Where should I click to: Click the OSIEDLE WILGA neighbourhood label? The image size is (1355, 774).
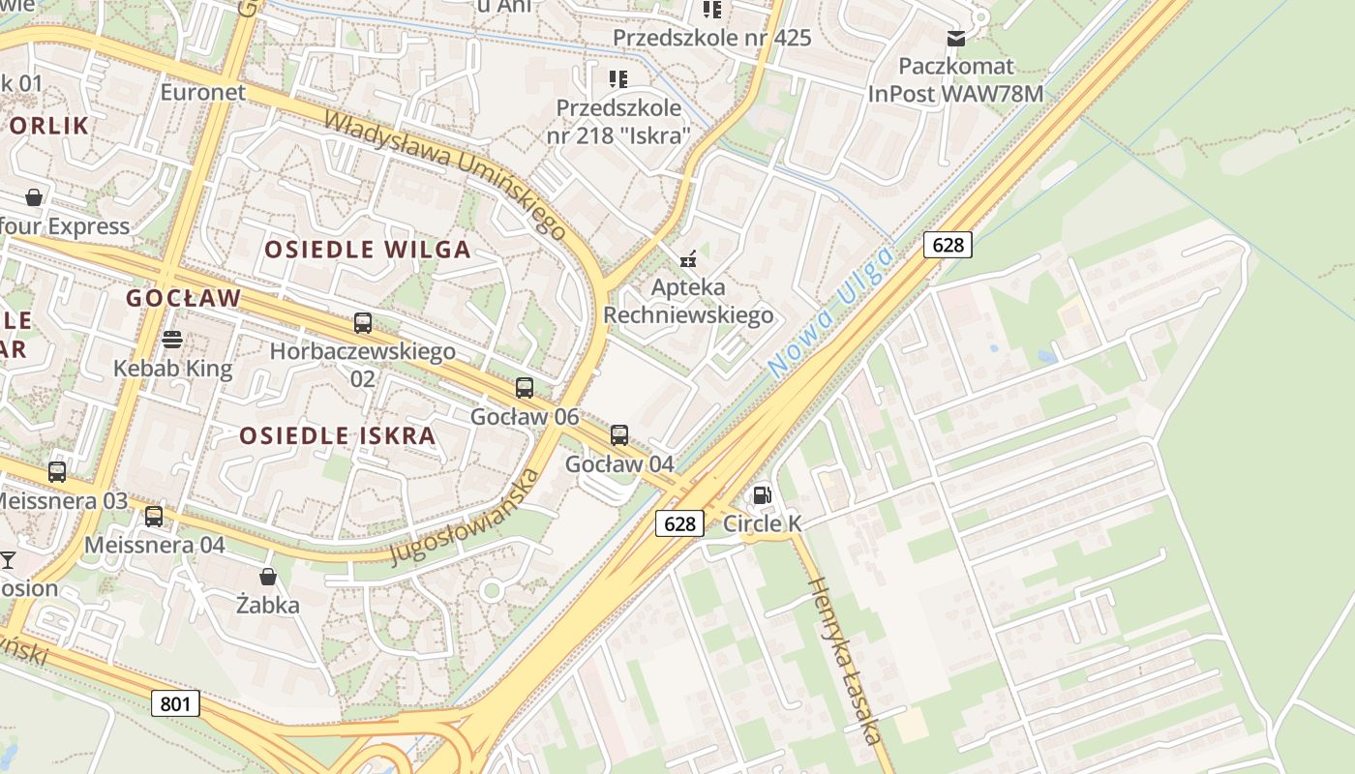pos(368,250)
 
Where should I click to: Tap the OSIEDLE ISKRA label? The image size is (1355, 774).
pos(338,435)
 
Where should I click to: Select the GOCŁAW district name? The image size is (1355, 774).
pos(183,298)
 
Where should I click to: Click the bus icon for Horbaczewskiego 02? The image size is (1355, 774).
pos(363,323)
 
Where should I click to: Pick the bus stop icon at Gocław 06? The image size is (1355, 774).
pos(525,388)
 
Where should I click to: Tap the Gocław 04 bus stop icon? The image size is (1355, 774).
pos(619,435)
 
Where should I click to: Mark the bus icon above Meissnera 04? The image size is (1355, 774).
pos(154,516)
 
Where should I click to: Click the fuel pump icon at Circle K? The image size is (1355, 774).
pos(763,495)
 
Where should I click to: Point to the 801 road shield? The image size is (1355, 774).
pos(175,703)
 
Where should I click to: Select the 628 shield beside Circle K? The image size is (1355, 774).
pos(679,523)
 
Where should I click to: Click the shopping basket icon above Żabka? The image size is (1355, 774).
pos(268,577)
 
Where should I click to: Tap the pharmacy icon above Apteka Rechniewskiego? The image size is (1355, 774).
pos(688,258)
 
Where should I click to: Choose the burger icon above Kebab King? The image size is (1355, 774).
pos(172,340)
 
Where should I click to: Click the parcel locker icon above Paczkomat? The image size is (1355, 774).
pos(956,38)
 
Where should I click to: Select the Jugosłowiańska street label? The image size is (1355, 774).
pos(465,517)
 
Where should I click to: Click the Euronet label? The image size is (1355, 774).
pos(203,93)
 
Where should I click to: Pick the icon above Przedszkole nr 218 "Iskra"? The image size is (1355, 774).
pos(617,78)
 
